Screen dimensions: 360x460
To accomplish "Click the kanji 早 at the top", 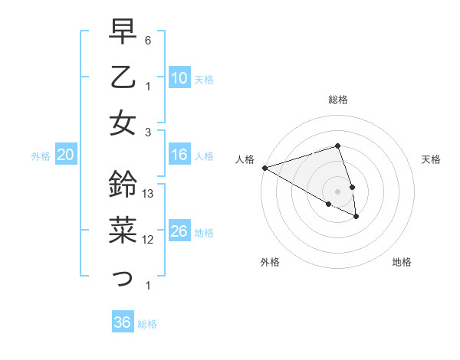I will coord(123,32).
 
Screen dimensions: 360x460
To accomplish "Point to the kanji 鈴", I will coord(123,184).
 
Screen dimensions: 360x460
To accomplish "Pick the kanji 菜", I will coord(123,231).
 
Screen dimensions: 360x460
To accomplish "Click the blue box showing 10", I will coord(179,78).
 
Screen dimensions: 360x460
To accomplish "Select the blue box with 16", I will coord(179,155).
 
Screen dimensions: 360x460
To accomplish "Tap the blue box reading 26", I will coord(179,231).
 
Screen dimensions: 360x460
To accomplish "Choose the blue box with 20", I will coord(65,155).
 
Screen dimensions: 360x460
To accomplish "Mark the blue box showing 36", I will coord(123,322).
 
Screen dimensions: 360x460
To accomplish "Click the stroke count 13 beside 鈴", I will coord(149,194).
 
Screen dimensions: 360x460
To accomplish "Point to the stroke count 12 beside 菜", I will coord(149,240).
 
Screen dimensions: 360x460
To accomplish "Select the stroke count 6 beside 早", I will coord(148,40).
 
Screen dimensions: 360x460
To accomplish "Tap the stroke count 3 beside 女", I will coord(148,131).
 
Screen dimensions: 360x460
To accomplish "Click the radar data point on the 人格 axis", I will coord(264,168).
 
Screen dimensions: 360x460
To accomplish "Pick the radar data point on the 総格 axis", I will coord(337,146).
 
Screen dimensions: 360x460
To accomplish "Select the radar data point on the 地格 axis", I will coord(357,217).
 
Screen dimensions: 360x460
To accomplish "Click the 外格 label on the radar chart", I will coord(270,263).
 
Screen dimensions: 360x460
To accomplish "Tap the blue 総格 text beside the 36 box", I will coord(147,324).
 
